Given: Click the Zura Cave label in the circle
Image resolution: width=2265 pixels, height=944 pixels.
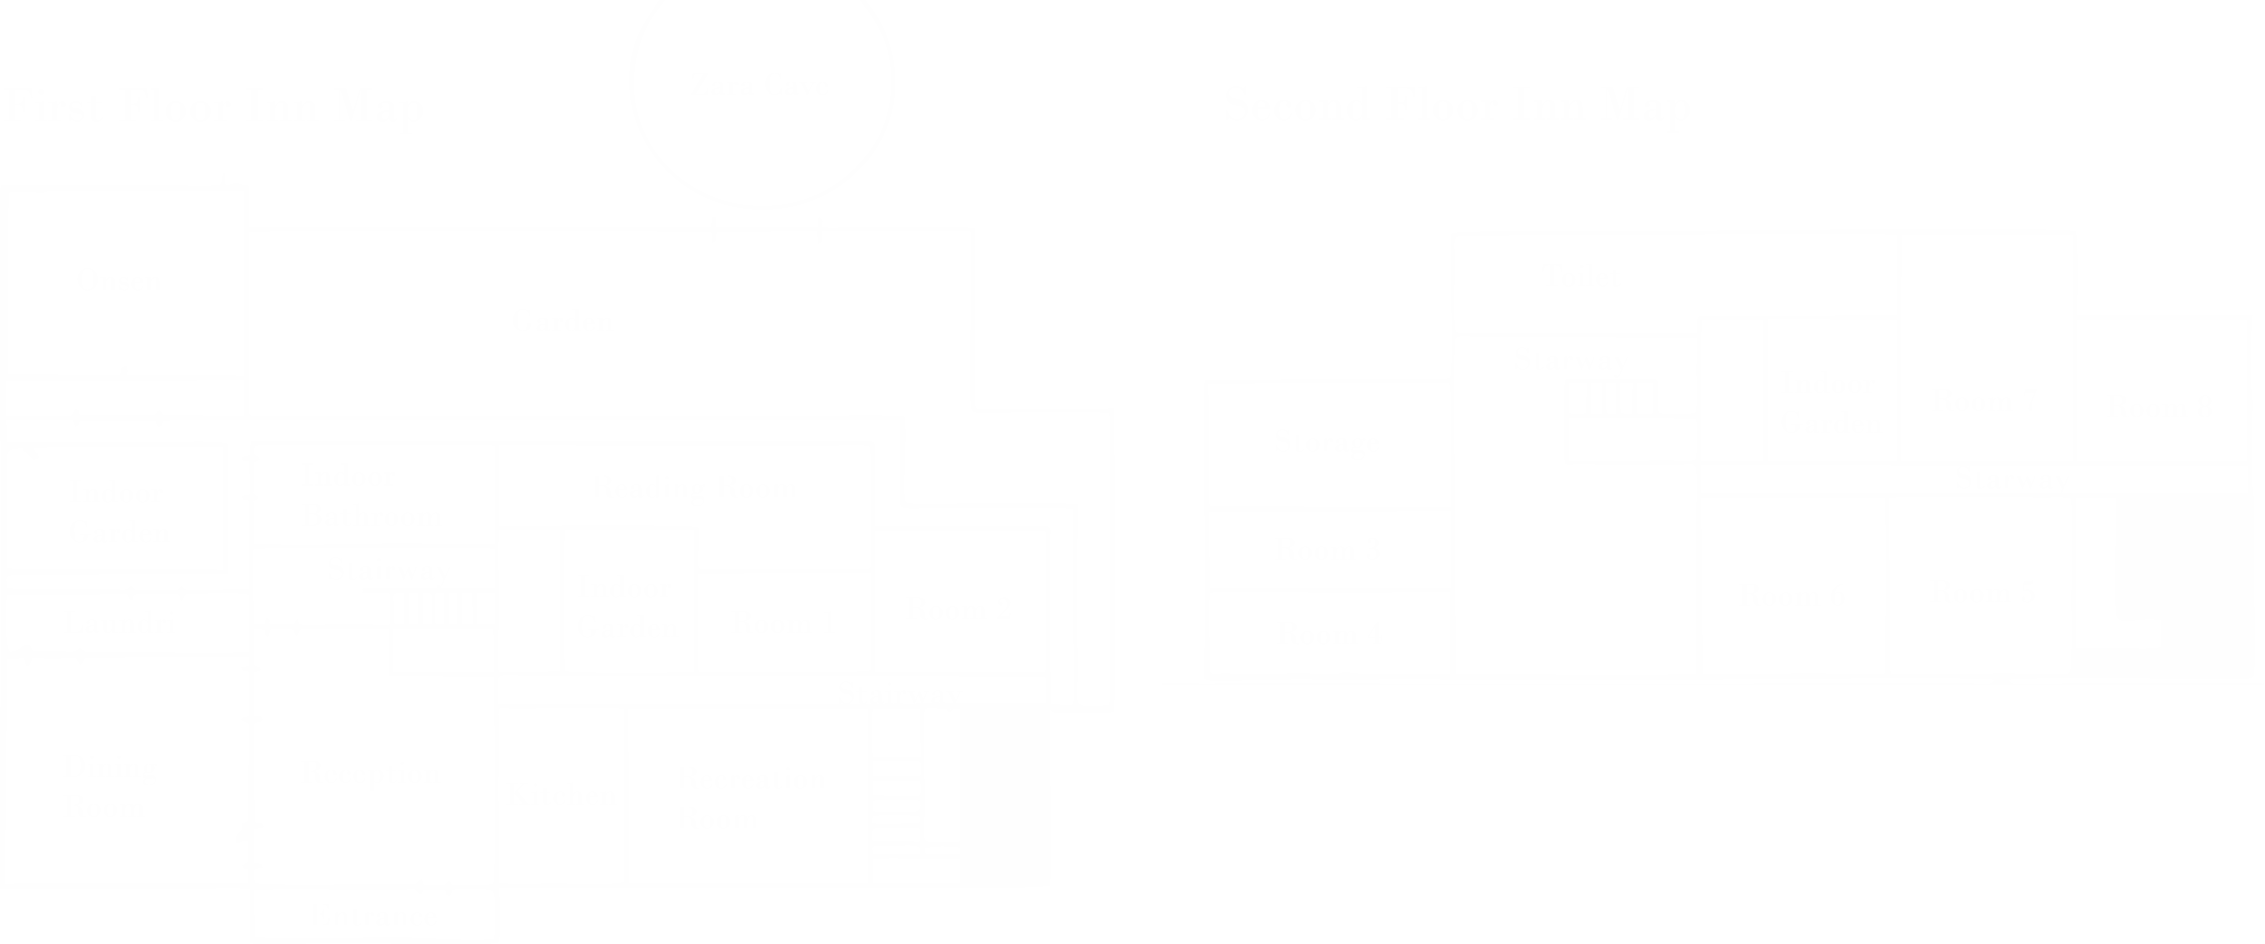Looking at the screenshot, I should (x=762, y=86).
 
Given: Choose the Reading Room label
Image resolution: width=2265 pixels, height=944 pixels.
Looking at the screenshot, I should (x=695, y=488).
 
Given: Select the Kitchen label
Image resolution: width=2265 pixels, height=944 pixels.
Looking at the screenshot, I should (x=563, y=795).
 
